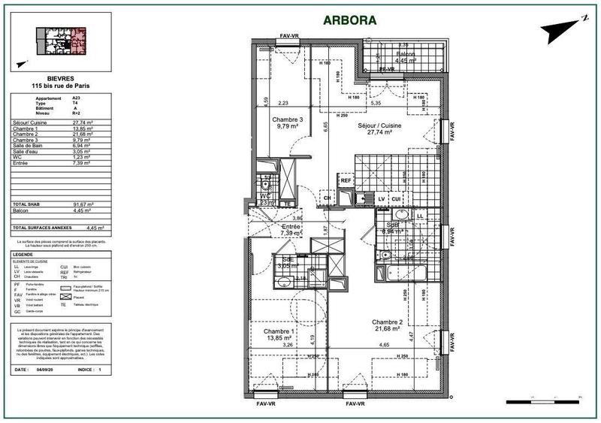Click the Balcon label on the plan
406,56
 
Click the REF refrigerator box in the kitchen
346,180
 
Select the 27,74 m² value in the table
81,122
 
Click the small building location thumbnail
62,41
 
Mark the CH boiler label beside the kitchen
326,199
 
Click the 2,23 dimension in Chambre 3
282,103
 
